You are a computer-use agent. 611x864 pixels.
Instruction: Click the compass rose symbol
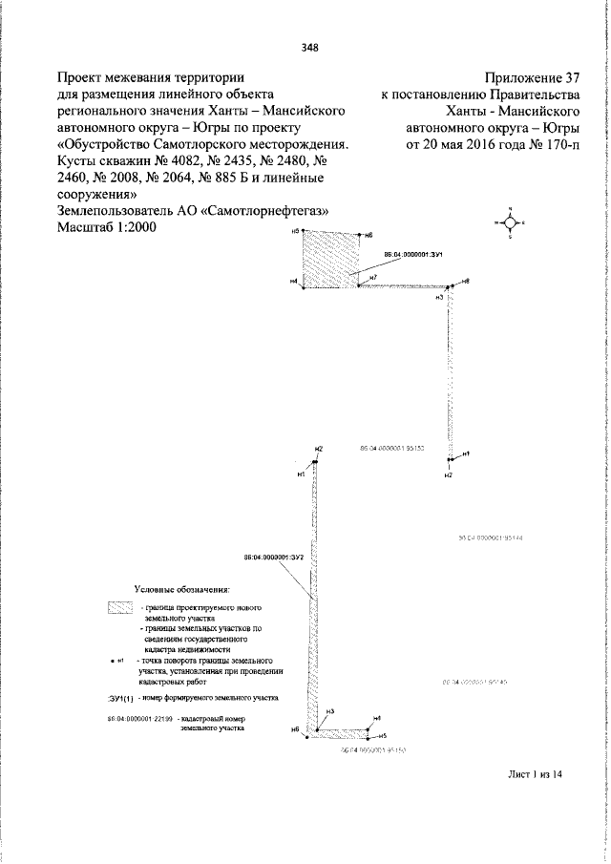[510, 221]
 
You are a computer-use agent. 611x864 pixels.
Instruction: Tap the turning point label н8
[465, 281]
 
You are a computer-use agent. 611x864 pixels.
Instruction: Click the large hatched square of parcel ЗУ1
[331, 260]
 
